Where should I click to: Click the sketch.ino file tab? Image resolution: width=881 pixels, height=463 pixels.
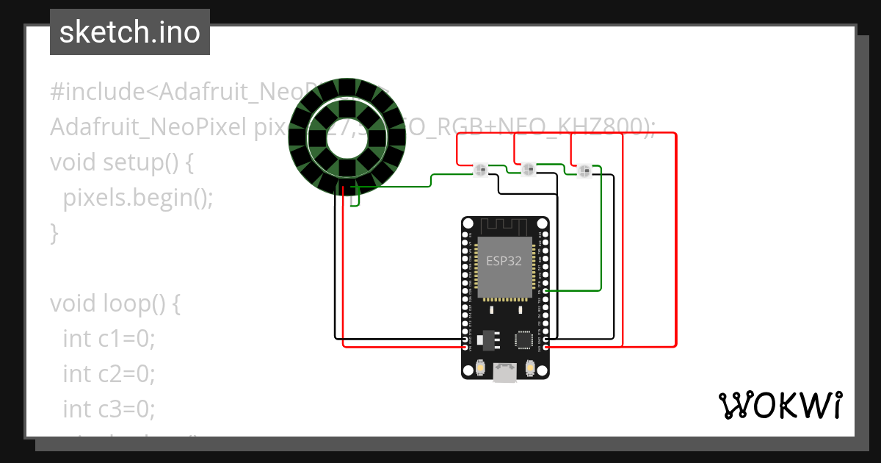coord(130,32)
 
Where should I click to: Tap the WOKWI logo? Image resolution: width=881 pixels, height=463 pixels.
coord(779,405)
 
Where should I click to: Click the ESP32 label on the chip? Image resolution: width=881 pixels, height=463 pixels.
coord(503,260)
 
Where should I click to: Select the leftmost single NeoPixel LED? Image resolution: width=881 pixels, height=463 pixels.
coord(481,171)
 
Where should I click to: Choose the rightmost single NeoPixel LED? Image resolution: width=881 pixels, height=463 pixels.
coord(584,171)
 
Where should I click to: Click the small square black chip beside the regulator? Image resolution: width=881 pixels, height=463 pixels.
coord(524,339)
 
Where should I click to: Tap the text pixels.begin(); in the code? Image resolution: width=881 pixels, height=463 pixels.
coord(138,198)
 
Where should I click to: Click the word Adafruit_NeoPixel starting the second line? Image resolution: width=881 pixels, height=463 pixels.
coord(148,127)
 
